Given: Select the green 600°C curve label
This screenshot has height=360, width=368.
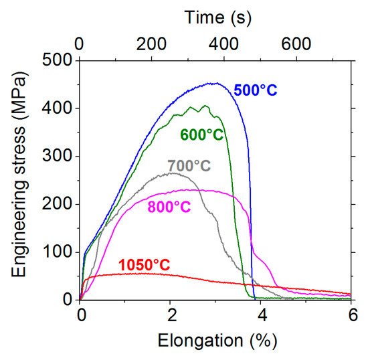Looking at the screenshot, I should (201, 134).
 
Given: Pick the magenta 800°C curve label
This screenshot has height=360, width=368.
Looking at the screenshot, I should (169, 207).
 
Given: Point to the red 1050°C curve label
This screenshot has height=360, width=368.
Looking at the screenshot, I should (145, 266).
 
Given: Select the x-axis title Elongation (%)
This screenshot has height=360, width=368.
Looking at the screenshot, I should (215, 341).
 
